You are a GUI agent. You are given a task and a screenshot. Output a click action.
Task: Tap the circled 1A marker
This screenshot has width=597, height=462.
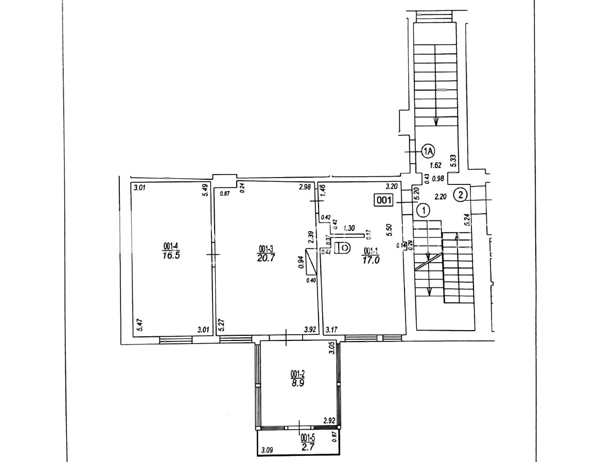tap(428, 151)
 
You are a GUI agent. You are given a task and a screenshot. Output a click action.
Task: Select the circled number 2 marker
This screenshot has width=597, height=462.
tap(460, 195)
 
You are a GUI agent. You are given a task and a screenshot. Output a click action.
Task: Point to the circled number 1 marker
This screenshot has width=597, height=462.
tap(423, 210)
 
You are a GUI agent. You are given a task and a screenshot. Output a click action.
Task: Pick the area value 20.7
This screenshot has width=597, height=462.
tap(267, 258)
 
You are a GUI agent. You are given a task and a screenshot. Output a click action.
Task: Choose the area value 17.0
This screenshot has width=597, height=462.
tap(371, 260)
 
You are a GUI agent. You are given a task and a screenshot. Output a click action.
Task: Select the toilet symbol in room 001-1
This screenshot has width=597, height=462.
tap(342, 248)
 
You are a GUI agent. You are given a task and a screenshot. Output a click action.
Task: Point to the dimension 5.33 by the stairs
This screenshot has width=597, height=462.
tap(453, 161)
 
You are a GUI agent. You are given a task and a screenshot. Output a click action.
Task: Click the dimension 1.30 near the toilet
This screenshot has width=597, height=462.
tap(349, 228)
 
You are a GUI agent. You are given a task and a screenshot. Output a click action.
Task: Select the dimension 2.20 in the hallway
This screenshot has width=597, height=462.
tap(441, 196)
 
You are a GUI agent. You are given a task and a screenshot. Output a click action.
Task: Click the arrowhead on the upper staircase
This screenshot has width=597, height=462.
tap(436, 122)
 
